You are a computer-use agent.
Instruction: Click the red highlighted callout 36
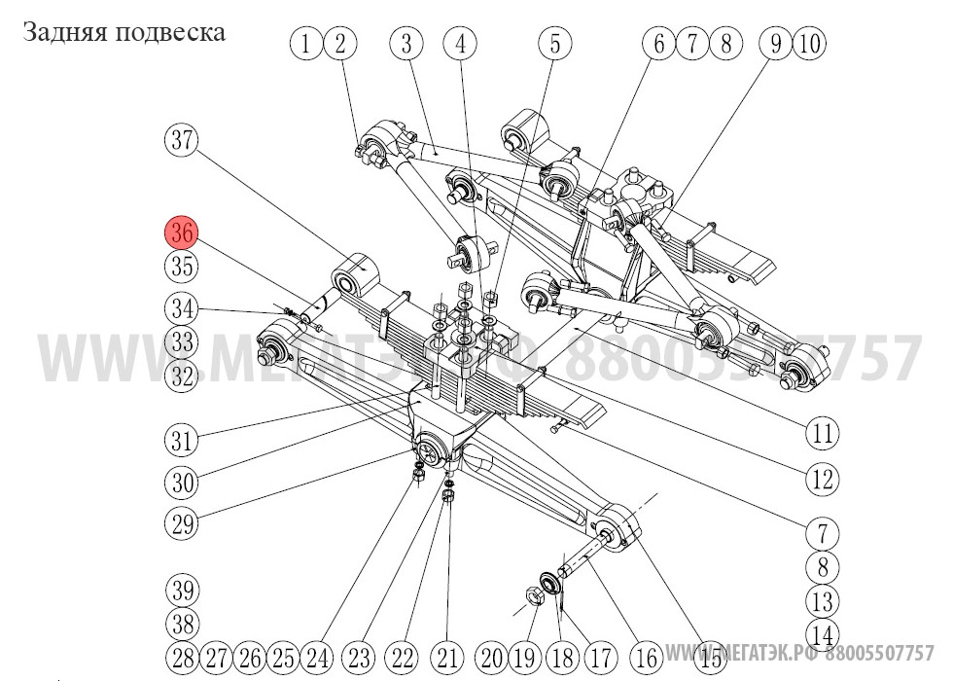point(181,233)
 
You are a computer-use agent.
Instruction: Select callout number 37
point(181,140)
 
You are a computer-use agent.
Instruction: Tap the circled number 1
point(307,43)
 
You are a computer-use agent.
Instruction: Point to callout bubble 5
point(555,43)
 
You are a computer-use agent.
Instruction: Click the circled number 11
point(823,431)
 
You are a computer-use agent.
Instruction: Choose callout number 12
point(823,479)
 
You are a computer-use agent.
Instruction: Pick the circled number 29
point(181,524)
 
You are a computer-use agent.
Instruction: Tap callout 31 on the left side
point(181,440)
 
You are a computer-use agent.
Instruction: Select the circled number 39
point(181,591)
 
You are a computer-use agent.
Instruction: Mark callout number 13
point(823,600)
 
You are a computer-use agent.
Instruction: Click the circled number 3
point(406,43)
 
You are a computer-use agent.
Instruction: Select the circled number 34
point(181,309)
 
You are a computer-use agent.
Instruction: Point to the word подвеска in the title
point(169,32)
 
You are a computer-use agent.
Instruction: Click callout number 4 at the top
point(460,43)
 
